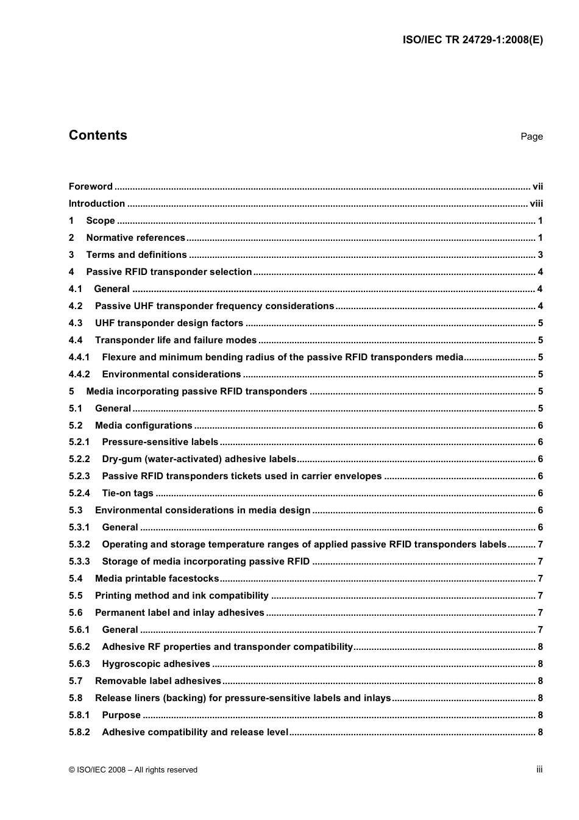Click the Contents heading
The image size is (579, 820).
click(98, 135)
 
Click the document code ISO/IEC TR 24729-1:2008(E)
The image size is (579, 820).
click(472, 40)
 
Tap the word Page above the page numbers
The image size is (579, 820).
click(531, 137)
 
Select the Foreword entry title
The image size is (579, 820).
click(91, 187)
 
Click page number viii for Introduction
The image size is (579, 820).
click(536, 204)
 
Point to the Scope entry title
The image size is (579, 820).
click(101, 221)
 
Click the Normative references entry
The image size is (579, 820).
click(135, 238)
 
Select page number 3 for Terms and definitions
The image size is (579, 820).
click(540, 255)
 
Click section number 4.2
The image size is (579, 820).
click(76, 306)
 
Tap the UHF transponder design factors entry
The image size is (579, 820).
click(169, 323)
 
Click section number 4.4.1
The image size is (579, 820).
click(79, 357)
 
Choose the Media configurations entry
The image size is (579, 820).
click(143, 426)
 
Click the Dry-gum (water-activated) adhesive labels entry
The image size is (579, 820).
click(199, 459)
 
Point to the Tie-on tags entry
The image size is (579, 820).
click(127, 493)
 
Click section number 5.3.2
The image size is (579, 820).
click(79, 544)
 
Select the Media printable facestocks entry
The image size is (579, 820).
click(157, 579)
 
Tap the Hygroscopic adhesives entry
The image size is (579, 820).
click(155, 664)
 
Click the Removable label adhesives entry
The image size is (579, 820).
click(158, 681)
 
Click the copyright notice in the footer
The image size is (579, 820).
click(133, 770)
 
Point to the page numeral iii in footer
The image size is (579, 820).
click(539, 769)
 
